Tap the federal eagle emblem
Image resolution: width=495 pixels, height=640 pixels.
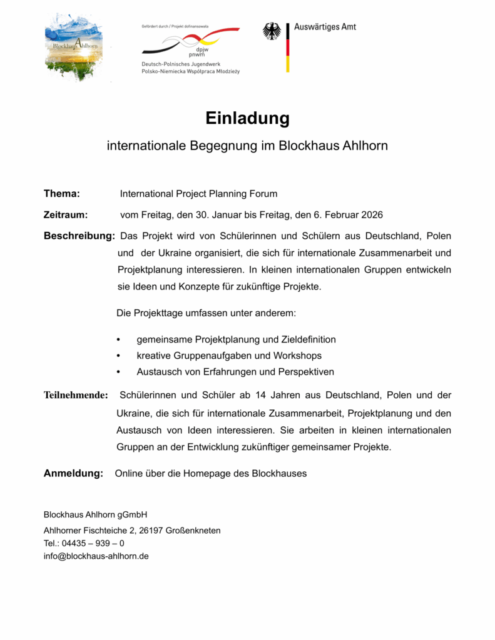272,32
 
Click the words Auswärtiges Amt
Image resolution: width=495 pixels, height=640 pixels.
325,27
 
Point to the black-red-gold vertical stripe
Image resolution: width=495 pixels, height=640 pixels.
288,47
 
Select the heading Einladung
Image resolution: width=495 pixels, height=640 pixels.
247,118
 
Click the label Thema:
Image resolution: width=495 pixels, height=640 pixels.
61,194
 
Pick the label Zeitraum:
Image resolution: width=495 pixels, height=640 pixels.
65,214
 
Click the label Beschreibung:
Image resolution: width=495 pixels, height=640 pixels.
79,236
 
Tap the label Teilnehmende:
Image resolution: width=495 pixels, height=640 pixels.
76,396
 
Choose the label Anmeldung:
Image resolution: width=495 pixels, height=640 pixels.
73,474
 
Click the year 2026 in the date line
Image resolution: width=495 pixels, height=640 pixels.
370,214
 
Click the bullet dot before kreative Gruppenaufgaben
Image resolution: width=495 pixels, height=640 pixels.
119,356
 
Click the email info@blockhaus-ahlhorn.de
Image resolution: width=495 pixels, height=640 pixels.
96,556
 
